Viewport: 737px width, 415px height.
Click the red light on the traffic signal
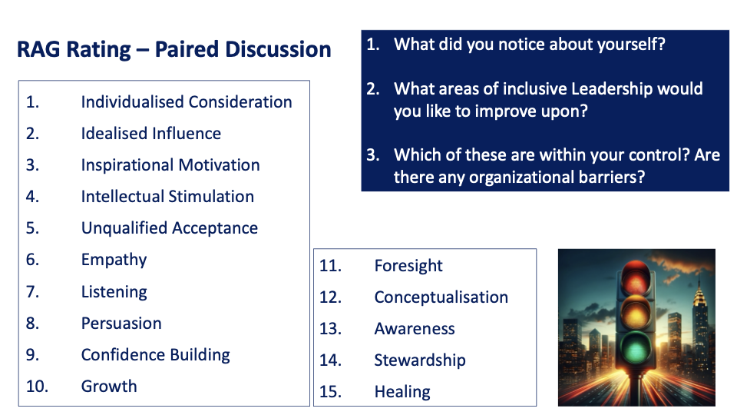point(636,281)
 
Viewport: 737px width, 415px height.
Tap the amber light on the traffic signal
point(636,314)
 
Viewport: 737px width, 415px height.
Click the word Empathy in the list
point(114,260)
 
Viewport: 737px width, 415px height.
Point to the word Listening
point(114,292)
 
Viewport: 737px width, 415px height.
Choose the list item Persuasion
point(121,324)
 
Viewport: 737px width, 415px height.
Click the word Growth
point(109,387)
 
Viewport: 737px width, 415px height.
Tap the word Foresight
point(408,266)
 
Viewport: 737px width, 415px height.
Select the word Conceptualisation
point(441,297)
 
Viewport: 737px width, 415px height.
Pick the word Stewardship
point(420,360)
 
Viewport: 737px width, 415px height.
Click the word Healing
point(402,392)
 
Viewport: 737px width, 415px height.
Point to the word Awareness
point(415,329)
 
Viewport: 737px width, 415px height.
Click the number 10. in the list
point(37,387)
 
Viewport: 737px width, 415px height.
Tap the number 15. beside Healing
point(330,391)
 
